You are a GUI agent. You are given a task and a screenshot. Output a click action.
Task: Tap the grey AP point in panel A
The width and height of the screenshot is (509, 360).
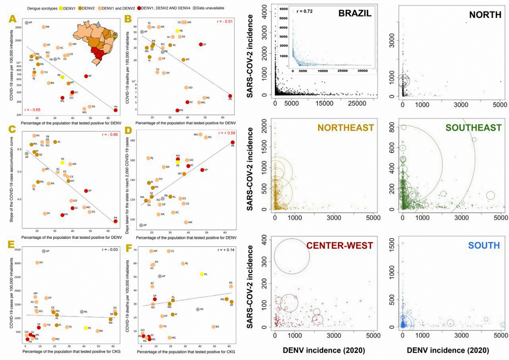26,22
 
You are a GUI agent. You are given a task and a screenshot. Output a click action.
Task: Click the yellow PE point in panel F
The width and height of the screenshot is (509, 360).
202,274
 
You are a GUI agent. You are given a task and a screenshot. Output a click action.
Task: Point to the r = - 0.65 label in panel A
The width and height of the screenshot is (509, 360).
34,110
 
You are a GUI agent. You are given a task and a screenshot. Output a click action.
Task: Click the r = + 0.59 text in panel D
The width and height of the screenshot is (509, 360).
227,133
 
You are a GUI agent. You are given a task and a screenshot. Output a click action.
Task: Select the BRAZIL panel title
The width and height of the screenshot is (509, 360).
355,14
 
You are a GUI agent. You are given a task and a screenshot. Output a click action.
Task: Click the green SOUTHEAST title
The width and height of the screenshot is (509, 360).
475,128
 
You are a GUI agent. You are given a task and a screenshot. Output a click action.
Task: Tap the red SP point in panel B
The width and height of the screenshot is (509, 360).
201,45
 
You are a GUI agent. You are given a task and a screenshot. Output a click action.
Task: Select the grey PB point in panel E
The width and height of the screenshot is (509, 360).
82,312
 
